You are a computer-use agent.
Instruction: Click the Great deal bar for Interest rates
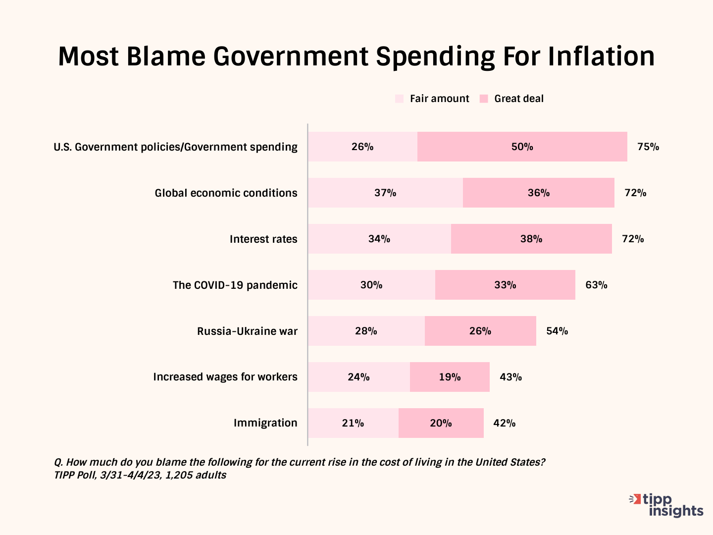point(531,239)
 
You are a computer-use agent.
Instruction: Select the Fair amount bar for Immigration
point(353,423)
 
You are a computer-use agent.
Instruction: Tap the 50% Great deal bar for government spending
point(522,147)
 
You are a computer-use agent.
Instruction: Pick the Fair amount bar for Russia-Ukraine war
point(366,331)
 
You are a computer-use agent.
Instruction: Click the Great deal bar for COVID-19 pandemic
point(505,285)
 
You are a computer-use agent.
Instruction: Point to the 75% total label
point(648,147)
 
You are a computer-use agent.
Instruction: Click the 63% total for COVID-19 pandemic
point(596,285)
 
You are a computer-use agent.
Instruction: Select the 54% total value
point(557,331)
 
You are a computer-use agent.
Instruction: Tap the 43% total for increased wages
point(510,377)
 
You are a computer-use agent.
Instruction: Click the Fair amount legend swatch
point(400,99)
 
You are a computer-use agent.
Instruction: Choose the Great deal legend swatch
point(484,99)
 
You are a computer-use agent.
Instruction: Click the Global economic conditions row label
point(226,193)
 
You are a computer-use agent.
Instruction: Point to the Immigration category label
point(265,423)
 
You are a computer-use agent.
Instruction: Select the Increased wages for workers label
point(225,377)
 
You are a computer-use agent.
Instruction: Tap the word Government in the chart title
point(291,56)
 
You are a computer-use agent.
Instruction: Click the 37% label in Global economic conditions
point(385,193)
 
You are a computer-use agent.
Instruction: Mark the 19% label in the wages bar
point(450,377)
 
